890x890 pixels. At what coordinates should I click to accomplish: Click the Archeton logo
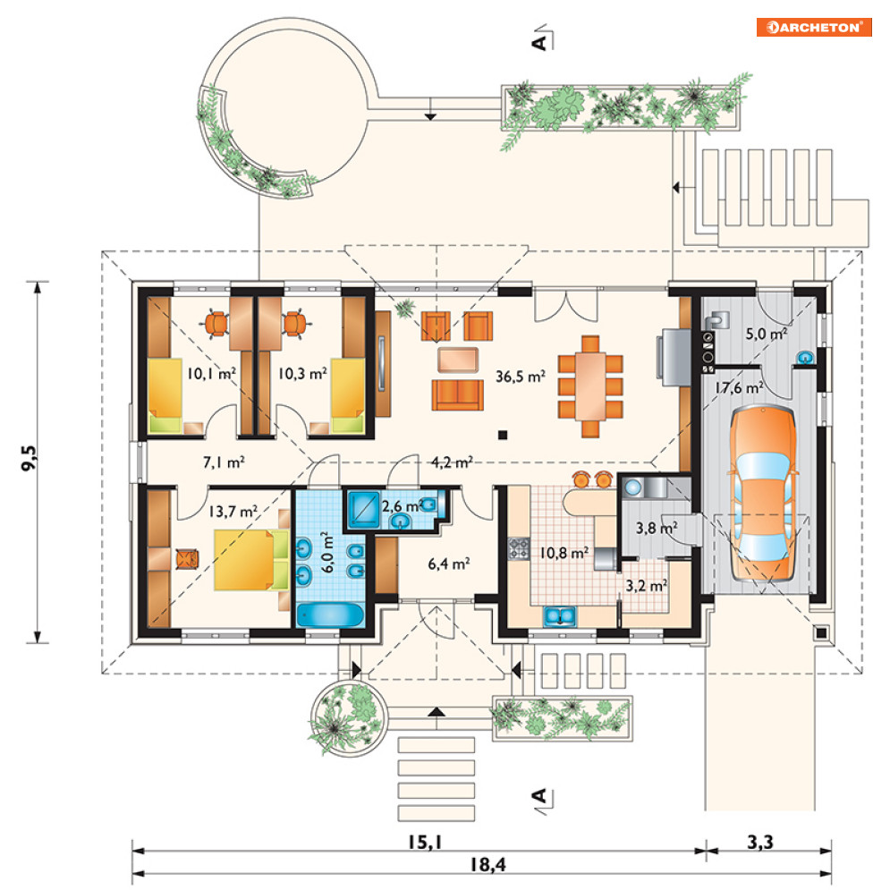[813, 27]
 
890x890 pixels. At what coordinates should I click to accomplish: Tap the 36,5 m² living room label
[521, 377]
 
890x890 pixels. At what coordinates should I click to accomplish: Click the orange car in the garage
[763, 493]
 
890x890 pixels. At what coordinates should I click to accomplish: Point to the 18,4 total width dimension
[487, 864]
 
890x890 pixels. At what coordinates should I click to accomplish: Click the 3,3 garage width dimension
[760, 843]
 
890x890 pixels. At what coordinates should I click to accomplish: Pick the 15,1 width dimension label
[425, 843]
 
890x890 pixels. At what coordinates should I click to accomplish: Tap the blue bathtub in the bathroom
[330, 615]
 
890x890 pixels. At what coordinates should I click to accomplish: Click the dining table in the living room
[590, 386]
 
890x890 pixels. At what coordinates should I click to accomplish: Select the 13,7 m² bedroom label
[233, 512]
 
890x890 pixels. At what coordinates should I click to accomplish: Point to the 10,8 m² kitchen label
[564, 552]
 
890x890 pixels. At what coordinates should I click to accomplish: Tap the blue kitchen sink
[560, 616]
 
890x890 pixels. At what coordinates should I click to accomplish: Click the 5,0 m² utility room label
[767, 334]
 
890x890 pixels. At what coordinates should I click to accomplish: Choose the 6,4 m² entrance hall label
[448, 564]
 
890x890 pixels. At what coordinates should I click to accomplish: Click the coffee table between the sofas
[457, 360]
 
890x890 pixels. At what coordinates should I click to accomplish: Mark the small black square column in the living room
[503, 436]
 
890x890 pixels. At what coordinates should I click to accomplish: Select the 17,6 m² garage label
[739, 388]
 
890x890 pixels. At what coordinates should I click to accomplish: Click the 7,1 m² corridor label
[224, 462]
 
